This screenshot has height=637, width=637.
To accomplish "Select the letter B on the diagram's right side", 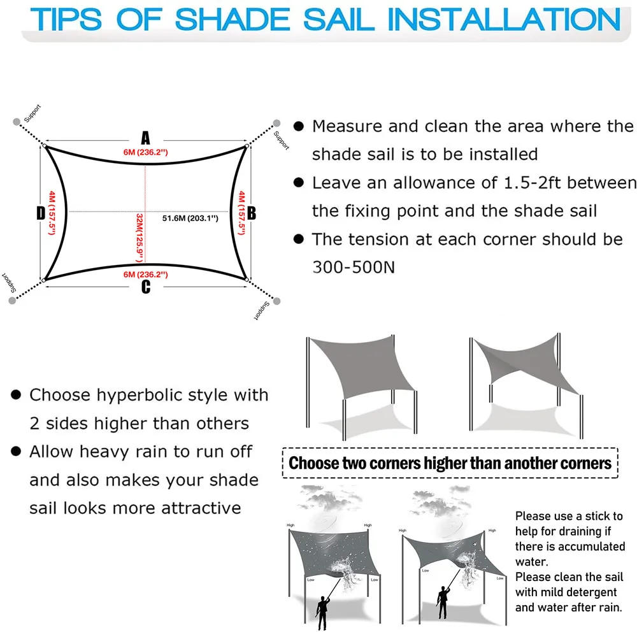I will (x=251, y=213).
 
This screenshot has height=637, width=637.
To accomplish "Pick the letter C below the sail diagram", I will (x=146, y=287).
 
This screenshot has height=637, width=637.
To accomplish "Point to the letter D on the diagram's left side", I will (x=41, y=213).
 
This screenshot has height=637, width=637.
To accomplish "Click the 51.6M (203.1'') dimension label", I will (x=190, y=218).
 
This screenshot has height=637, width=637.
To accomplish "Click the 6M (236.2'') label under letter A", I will (x=146, y=152).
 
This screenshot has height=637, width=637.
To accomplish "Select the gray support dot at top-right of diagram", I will (x=276, y=123).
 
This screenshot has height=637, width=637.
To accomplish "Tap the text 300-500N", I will (x=354, y=267).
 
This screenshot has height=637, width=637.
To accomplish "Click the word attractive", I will (x=201, y=508).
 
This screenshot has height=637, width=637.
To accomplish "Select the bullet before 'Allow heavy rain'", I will (x=16, y=452).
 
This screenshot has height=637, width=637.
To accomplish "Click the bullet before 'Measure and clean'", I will (x=297, y=126).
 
